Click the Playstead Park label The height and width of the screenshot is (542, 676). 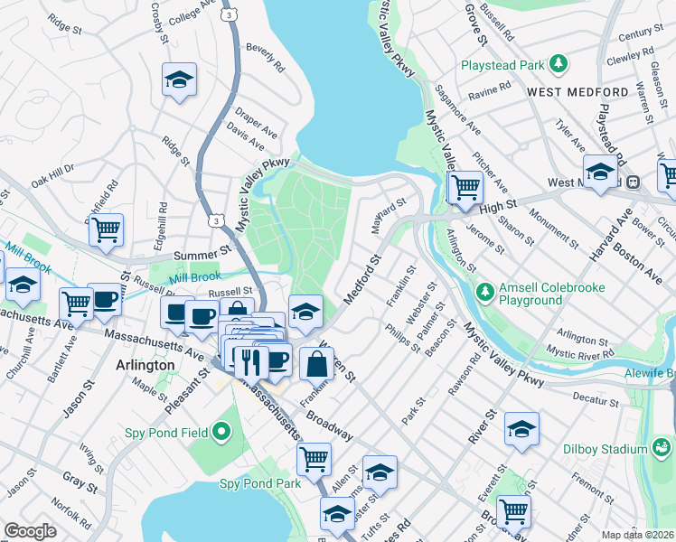[502, 65]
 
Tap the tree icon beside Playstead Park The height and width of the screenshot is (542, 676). [559, 63]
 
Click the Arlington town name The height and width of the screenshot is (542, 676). [146, 365]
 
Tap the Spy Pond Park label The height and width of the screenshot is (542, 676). [260, 483]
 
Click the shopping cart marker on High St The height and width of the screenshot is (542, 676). [465, 188]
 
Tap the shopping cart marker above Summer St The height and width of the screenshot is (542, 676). [106, 229]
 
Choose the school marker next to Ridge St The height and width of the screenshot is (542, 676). [179, 79]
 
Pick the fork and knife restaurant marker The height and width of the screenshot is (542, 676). [251, 360]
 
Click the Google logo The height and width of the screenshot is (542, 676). [30, 531]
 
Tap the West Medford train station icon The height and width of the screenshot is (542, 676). [634, 181]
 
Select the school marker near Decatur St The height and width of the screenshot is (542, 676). [521, 429]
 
